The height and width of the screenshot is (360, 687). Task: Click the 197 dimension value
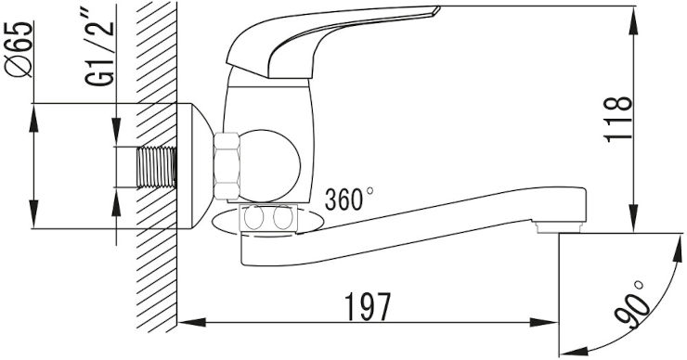(x=367, y=306)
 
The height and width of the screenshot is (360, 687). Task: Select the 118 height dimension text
(x=618, y=119)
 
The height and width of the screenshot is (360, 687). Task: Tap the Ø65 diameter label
(x=19, y=49)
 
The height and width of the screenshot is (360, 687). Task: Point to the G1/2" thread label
(x=100, y=52)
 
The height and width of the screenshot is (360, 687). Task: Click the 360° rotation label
(x=349, y=199)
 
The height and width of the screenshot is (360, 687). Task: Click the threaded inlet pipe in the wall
(x=157, y=167)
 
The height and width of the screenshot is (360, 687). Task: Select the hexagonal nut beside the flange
(x=227, y=166)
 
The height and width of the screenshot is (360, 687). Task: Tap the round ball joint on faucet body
(x=270, y=166)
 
